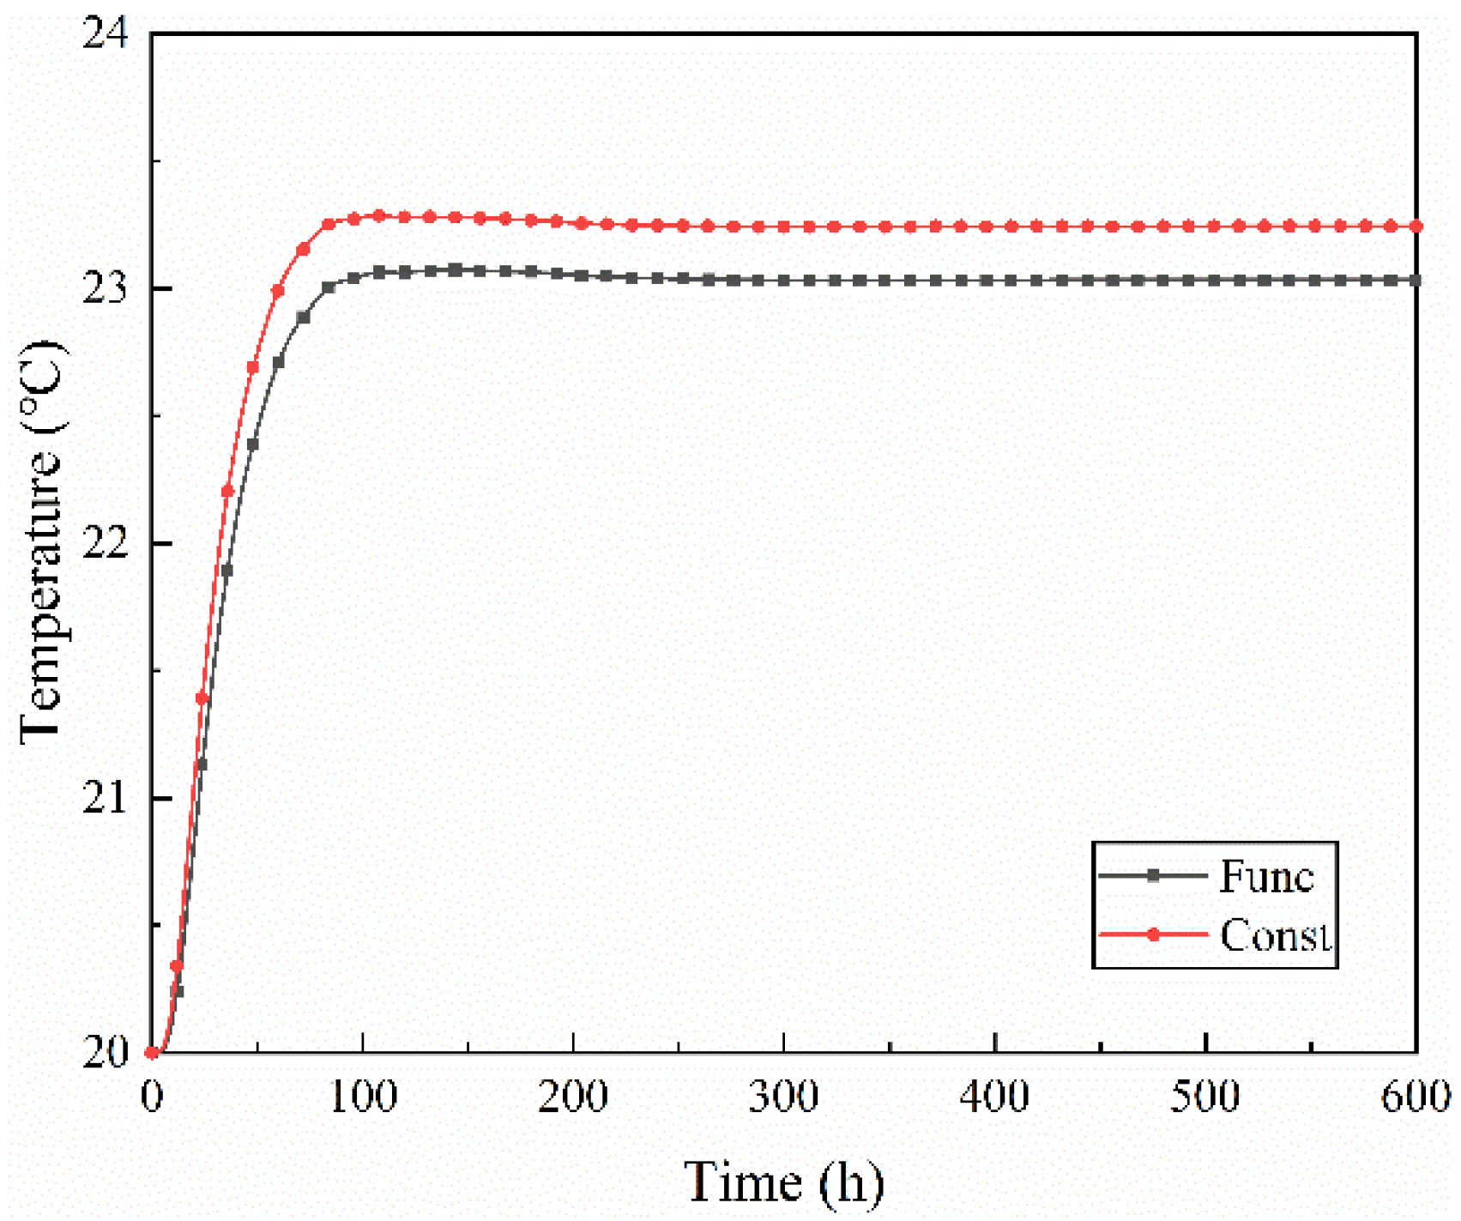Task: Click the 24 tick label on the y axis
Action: click(x=105, y=34)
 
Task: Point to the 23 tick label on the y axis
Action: click(x=105, y=288)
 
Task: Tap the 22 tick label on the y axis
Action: click(x=105, y=543)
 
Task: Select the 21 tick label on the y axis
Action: click(x=105, y=798)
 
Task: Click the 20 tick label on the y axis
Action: click(x=105, y=1053)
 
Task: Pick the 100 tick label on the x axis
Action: click(x=363, y=1097)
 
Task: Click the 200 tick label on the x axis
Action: click(x=573, y=1097)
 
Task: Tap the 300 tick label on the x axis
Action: click(x=783, y=1097)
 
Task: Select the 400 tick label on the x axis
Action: click(x=994, y=1097)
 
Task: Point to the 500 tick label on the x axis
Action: click(x=1205, y=1097)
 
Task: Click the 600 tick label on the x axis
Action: click(x=1415, y=1097)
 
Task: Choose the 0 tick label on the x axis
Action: click(x=152, y=1097)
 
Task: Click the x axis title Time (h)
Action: click(x=782, y=1183)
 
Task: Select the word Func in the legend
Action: click(x=1266, y=876)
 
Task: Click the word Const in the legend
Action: click(x=1275, y=935)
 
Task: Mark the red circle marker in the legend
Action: click(x=1153, y=934)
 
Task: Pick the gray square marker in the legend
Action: click(x=1153, y=875)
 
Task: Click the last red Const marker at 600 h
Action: click(x=1416, y=227)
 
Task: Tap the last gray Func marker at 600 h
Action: click(x=1416, y=281)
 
